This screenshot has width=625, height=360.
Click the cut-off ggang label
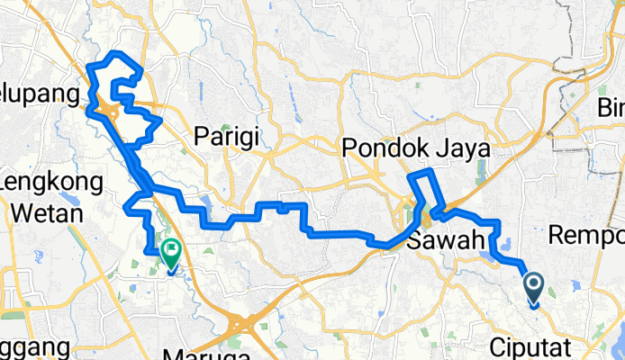click(32, 347)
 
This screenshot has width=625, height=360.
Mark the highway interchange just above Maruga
click(241, 320)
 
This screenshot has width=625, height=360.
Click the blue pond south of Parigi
click(207, 202)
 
